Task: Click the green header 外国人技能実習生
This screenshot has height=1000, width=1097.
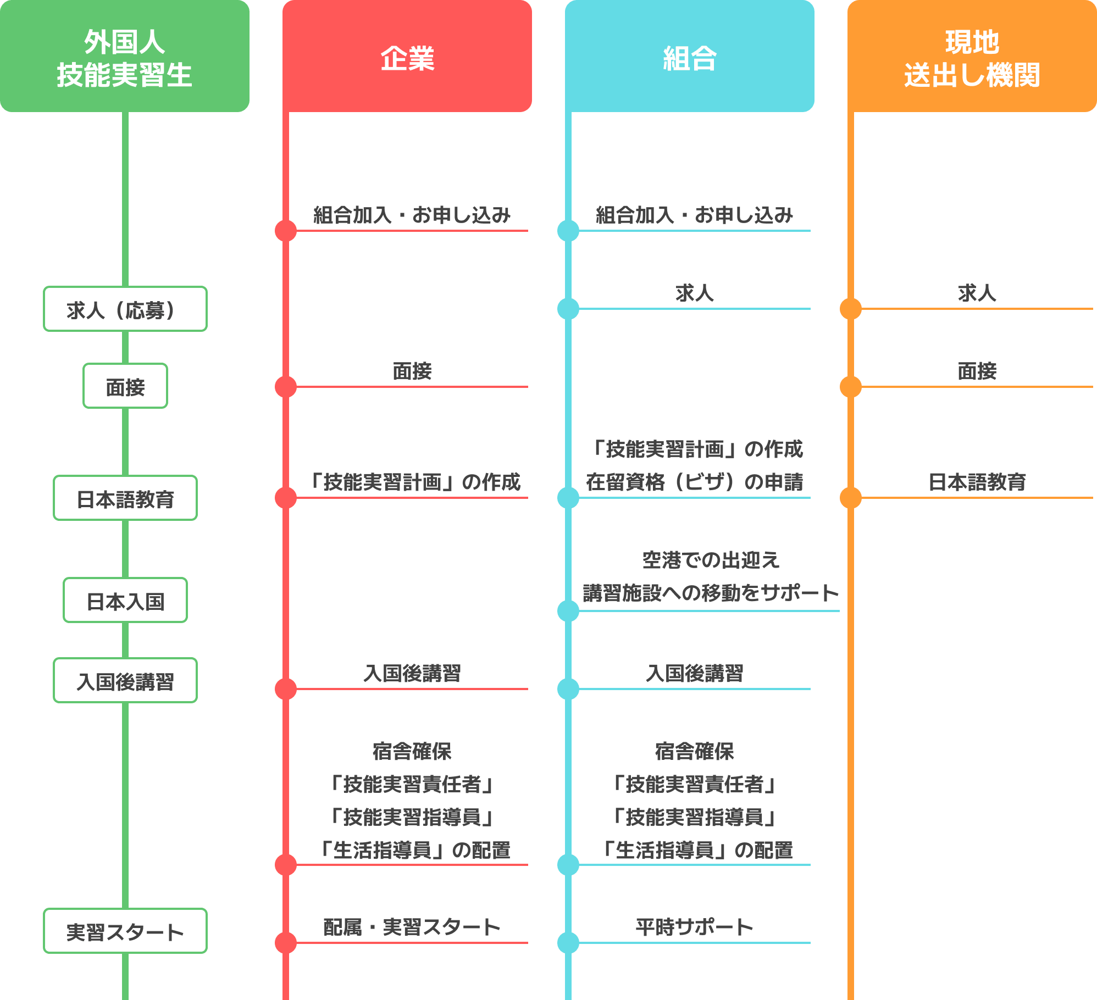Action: tap(125, 56)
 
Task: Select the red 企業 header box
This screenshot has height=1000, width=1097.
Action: tap(407, 56)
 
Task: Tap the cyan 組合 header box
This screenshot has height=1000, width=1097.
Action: tap(690, 56)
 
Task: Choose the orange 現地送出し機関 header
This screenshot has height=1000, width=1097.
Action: tap(972, 56)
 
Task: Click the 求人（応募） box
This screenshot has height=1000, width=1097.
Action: tap(125, 309)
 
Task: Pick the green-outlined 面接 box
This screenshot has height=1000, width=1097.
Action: tap(125, 386)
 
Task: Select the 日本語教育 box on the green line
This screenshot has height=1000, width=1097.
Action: tap(125, 498)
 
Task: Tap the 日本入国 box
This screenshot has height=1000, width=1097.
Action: tap(125, 600)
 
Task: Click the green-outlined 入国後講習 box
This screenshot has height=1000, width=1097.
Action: tap(125, 680)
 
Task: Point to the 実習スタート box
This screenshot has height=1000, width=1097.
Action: tap(125, 931)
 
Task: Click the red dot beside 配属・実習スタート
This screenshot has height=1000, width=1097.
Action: tap(286, 943)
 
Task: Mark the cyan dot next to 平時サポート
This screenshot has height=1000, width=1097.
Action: tap(568, 943)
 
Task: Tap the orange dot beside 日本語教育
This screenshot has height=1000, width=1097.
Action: tap(851, 498)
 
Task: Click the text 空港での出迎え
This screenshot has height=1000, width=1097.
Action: tap(711, 560)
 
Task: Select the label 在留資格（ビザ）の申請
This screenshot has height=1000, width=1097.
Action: tap(695, 482)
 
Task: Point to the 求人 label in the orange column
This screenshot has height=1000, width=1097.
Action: tap(977, 293)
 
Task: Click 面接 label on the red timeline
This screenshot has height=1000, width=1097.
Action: tap(412, 371)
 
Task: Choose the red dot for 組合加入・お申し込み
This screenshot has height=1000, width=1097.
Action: tap(286, 231)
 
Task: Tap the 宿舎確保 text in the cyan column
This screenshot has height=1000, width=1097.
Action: tap(695, 751)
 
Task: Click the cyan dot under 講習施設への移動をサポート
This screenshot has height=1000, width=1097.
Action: tap(568, 611)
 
